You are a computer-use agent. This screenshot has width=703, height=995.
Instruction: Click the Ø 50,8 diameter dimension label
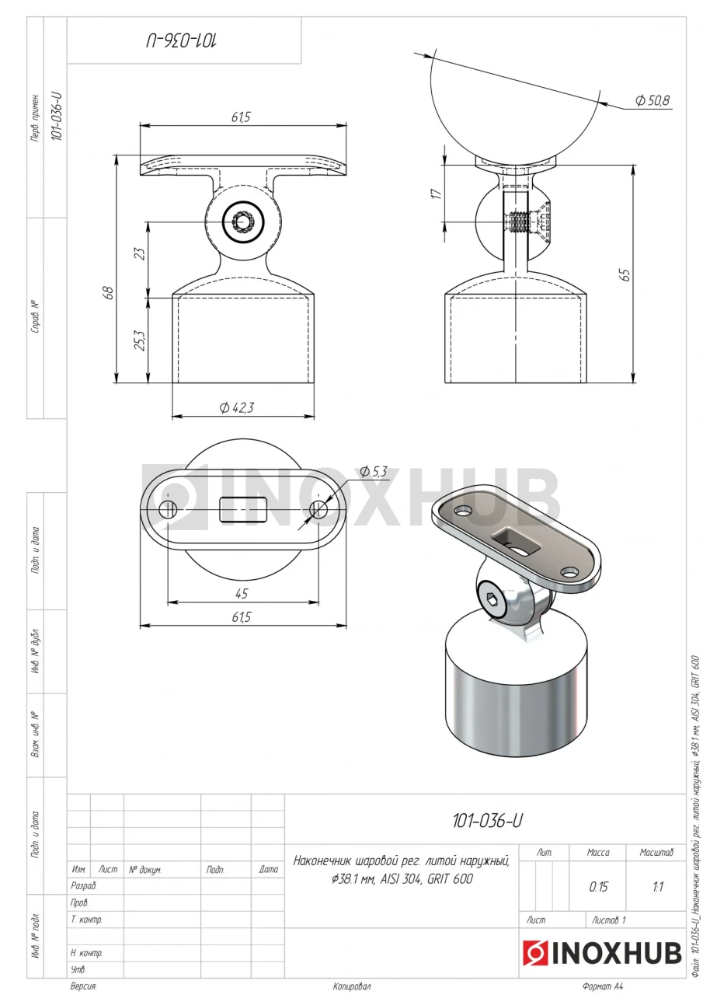tap(652, 100)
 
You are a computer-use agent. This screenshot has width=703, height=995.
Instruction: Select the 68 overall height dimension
tap(109, 292)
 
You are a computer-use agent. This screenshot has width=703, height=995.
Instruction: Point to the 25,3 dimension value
tap(141, 340)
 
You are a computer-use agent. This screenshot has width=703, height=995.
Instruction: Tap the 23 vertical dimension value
tap(141, 253)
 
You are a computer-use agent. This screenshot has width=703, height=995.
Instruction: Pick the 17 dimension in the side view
tap(437, 194)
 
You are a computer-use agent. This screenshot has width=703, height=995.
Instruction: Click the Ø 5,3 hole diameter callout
tap(373, 471)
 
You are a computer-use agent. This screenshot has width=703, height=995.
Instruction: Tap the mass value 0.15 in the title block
tap(598, 887)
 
